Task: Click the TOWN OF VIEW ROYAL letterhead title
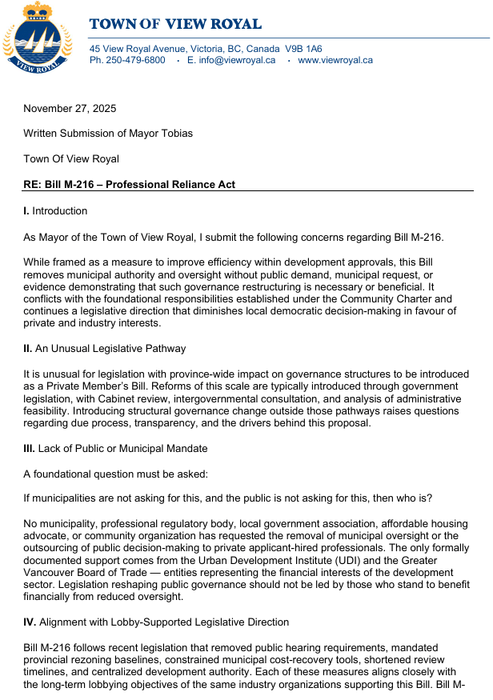pos(175,24)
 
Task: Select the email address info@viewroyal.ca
pos(238,60)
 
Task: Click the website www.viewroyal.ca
pos(335,60)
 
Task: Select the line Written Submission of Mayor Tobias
pos(108,134)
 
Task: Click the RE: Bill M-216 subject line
pos(129,185)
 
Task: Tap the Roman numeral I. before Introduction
pos(26,211)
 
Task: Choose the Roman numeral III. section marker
pos(30,448)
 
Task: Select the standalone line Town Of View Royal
pos(71,159)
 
